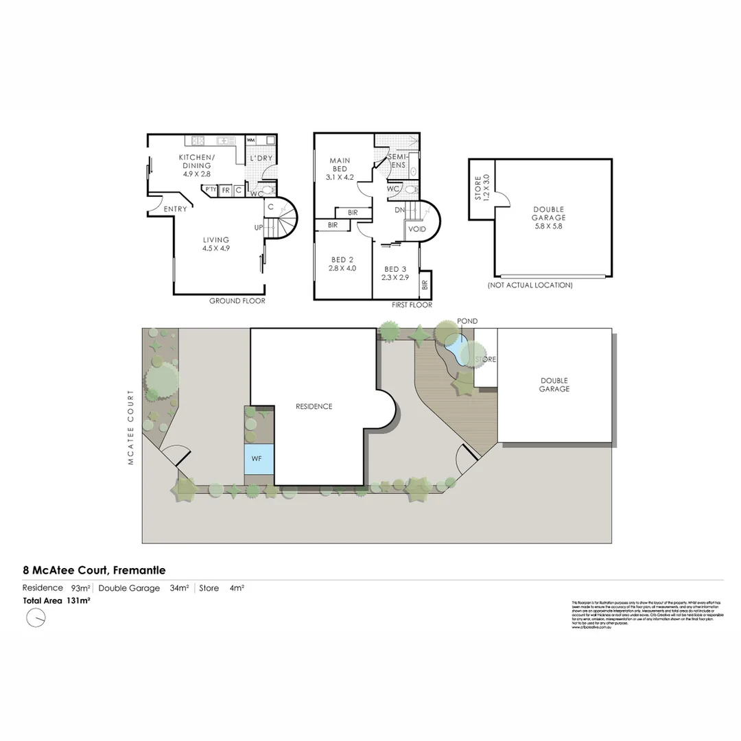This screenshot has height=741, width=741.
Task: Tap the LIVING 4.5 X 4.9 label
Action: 215,244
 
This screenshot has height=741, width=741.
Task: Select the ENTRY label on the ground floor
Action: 176,209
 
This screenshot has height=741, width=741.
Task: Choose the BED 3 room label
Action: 396,273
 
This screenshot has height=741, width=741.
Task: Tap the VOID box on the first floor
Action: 416,229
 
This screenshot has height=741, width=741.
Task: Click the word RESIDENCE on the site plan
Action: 314,406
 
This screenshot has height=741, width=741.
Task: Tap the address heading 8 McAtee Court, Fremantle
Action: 94,569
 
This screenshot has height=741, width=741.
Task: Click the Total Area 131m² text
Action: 56,600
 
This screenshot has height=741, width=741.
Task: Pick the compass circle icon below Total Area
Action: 36,618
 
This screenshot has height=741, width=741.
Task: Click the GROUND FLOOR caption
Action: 237,301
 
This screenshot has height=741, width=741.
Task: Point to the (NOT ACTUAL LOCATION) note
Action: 530,285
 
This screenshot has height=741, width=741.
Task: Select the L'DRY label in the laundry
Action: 261,158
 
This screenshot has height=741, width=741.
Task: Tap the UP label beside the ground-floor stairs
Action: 258,227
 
